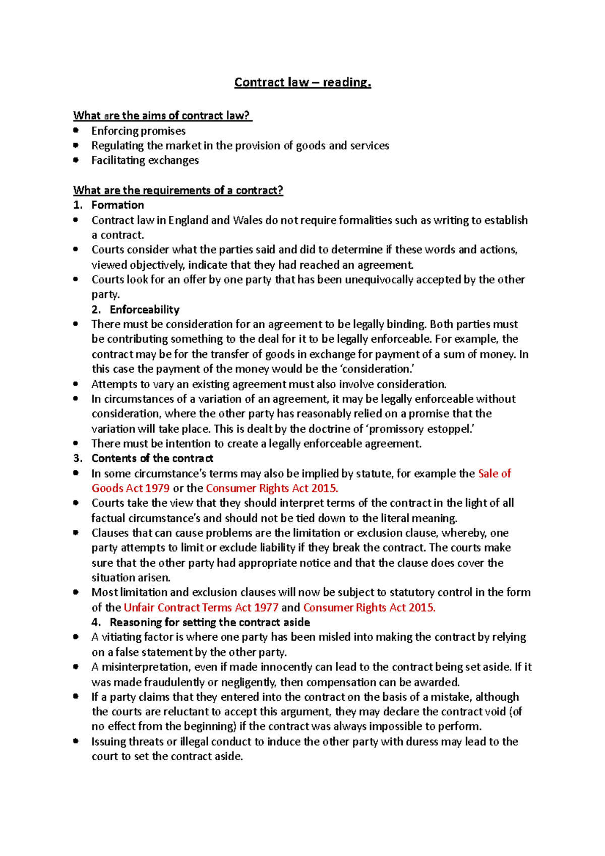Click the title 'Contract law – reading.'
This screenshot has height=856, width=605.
click(302, 82)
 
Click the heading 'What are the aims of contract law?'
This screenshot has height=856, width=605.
click(162, 115)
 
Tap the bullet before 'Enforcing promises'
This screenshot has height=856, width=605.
click(76, 130)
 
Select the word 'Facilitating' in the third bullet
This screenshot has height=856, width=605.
click(117, 160)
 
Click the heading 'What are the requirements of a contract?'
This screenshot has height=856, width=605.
click(178, 190)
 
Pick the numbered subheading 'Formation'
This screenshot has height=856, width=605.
click(117, 205)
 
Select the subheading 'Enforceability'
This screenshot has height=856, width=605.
click(145, 310)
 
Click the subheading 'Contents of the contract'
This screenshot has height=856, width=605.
click(152, 458)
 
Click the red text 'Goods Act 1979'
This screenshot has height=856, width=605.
click(131, 488)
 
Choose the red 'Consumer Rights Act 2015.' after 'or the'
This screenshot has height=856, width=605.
click(272, 488)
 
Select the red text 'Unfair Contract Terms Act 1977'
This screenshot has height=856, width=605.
click(201, 607)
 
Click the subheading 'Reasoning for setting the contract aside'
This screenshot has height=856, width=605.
click(210, 622)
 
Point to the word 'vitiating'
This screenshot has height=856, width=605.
click(121, 637)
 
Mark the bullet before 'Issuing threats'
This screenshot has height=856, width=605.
click(76, 741)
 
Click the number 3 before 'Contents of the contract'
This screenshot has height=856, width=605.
click(77, 458)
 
